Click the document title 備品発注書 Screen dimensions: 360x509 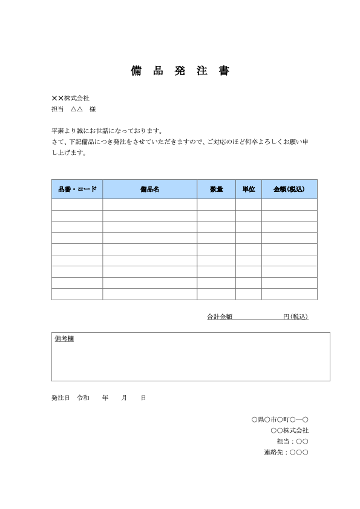pos(180,71)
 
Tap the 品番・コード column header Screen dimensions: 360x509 pos(77,189)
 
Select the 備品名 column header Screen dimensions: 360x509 pos(149,189)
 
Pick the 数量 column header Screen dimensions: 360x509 pos(216,189)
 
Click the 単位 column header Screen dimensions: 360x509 pos(249,189)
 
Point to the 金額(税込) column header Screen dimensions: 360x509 pos(289,189)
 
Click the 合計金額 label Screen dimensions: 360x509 pos(220,317)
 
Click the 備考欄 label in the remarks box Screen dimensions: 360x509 pos(64,340)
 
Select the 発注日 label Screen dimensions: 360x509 pos(61,398)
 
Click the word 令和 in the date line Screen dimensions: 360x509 pos(83,398)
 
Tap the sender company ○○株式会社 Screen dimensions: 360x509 pos(290,430)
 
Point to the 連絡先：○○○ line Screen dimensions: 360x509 pos(286,452)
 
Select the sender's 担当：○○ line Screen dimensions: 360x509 pos(292,441)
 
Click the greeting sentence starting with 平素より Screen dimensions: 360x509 pos(107,130)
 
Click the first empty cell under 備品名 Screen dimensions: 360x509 pos(149,205)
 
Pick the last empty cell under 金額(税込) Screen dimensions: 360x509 pos(289,294)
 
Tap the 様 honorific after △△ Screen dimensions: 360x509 pos(92,110)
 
